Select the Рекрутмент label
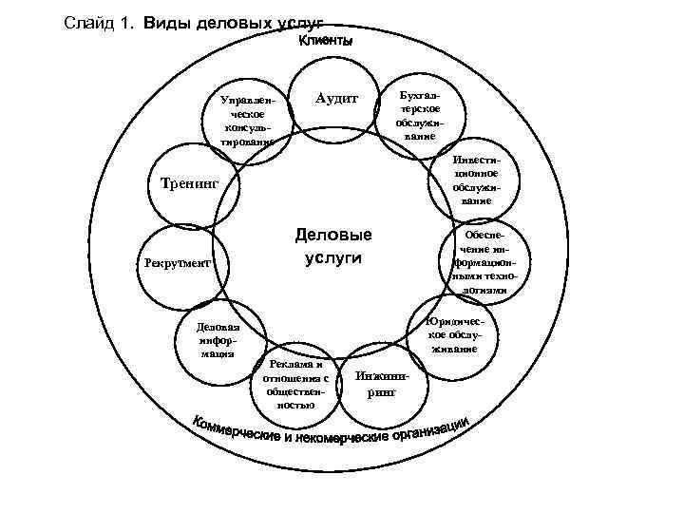pyautogui.click(x=177, y=262)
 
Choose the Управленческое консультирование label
pyautogui.click(x=246, y=121)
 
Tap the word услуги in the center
pyautogui.click(x=333, y=257)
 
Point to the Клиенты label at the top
pyautogui.click(x=325, y=42)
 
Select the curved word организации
pyautogui.click(x=433, y=431)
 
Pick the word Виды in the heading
pyautogui.click(x=167, y=22)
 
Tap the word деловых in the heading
pyautogui.click(x=234, y=22)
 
